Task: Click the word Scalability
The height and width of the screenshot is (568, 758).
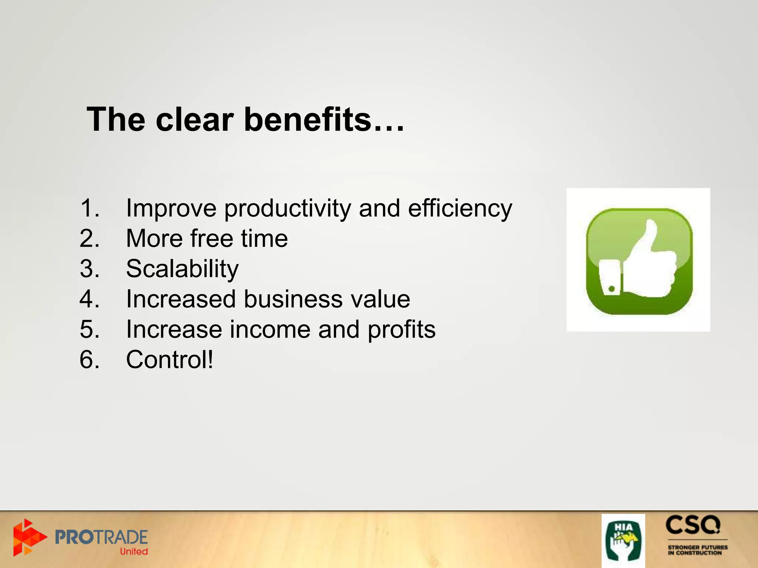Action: point(182,269)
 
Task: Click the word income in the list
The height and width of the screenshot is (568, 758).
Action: point(270,329)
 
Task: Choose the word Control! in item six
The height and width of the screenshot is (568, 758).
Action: point(170,359)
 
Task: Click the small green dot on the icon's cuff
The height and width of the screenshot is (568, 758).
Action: point(612,289)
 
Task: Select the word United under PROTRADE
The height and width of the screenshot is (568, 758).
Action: point(134,551)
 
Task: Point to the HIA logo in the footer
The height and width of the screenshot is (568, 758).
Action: point(623,540)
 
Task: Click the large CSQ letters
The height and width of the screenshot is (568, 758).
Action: point(693,525)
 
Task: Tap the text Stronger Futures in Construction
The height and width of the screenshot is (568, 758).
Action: point(697,550)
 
